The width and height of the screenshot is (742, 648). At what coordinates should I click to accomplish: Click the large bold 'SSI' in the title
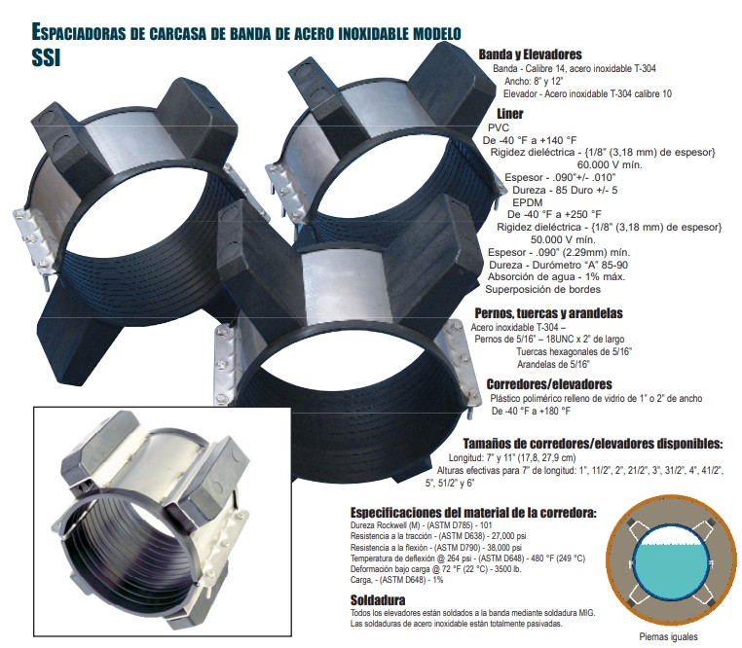pyautogui.click(x=46, y=57)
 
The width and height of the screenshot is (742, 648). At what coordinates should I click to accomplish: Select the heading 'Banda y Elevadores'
pyautogui.click(x=530, y=54)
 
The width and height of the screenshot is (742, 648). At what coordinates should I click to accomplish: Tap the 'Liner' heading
pyautogui.click(x=509, y=114)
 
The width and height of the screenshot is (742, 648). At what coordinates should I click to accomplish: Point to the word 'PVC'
pyautogui.click(x=499, y=127)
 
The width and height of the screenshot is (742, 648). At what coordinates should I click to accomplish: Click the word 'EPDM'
pyautogui.click(x=527, y=202)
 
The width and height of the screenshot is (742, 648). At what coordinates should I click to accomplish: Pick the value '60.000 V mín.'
pyautogui.click(x=610, y=165)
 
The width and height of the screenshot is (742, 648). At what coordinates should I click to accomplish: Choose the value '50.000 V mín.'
pyautogui.click(x=563, y=239)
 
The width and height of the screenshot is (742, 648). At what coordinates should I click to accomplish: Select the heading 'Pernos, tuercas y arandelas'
pyautogui.click(x=548, y=313)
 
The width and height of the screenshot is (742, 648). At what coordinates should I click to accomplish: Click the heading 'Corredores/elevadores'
pyautogui.click(x=549, y=384)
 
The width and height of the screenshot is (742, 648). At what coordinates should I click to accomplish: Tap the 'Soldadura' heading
pyautogui.click(x=378, y=600)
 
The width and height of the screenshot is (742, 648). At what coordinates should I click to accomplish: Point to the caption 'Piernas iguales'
pyautogui.click(x=668, y=637)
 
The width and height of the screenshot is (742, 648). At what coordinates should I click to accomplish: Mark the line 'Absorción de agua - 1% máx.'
pyautogui.click(x=556, y=276)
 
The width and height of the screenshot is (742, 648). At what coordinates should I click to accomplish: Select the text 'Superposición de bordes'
pyautogui.click(x=542, y=289)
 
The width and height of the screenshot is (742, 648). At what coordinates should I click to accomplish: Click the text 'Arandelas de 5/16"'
pyautogui.click(x=553, y=364)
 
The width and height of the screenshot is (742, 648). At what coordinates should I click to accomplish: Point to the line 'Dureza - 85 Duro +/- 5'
pyautogui.click(x=565, y=190)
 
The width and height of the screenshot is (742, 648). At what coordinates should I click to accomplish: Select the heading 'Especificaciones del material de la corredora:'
pyautogui.click(x=473, y=513)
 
